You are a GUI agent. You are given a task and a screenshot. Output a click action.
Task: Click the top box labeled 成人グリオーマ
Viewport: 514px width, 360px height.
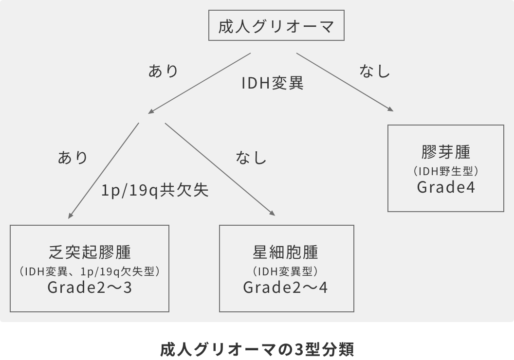pyautogui.click(x=276, y=27)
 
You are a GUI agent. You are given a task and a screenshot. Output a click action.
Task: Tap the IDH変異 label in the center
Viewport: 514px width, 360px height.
pyautogui.click(x=273, y=83)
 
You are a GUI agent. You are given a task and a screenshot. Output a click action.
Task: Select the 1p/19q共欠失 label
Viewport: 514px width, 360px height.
pyautogui.click(x=155, y=190)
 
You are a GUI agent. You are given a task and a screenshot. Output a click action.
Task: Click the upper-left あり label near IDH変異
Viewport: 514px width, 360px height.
pyautogui.click(x=163, y=71)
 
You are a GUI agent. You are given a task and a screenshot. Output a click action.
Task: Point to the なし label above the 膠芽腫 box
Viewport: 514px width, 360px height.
pyautogui.click(x=375, y=71)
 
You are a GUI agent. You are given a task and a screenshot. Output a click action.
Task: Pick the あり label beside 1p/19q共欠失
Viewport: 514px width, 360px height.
pyautogui.click(x=73, y=157)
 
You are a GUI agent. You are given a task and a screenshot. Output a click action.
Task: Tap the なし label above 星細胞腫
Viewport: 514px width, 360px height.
pyautogui.click(x=251, y=157)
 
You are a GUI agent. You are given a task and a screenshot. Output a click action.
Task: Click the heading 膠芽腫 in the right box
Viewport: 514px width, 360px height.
pyautogui.click(x=445, y=152)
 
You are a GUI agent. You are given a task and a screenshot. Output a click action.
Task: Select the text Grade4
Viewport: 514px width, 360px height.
pyautogui.click(x=445, y=187)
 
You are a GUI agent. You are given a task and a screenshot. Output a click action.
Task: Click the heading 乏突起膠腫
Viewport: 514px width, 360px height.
pyautogui.click(x=90, y=252)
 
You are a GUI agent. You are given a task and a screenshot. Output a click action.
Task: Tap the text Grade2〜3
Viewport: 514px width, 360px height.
pyautogui.click(x=90, y=288)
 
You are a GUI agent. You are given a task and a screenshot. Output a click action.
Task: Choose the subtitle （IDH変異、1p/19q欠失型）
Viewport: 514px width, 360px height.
pyautogui.click(x=90, y=271)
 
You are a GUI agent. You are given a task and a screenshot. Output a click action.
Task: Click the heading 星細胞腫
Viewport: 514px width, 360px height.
pyautogui.click(x=286, y=252)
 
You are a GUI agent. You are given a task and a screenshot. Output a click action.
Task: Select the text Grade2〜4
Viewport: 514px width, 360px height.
pyautogui.click(x=286, y=288)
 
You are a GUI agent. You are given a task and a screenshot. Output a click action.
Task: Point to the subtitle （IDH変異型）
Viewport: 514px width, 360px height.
pyautogui.click(x=286, y=271)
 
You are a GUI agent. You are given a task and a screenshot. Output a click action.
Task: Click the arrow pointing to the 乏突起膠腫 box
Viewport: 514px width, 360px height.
pyautogui.click(x=104, y=170)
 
